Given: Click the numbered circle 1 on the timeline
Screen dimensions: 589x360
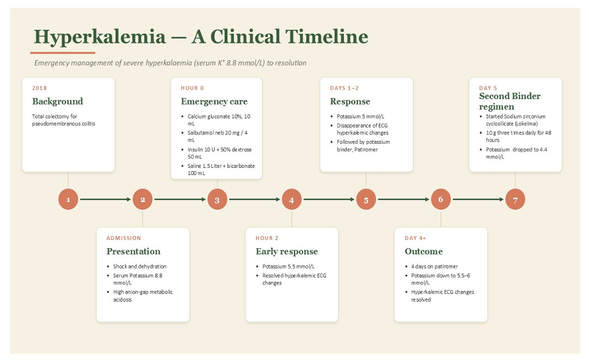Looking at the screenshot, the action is [68, 199].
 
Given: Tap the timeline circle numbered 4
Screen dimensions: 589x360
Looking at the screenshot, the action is [292, 199].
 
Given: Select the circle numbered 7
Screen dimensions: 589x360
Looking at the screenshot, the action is [515, 199].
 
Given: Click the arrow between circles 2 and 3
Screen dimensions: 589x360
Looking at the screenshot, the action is [180, 199].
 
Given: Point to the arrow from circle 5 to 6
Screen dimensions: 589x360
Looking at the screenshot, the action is [403, 199].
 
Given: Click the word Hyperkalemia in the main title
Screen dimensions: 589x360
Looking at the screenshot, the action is [100, 37].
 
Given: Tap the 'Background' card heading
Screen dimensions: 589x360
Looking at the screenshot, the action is [57, 101].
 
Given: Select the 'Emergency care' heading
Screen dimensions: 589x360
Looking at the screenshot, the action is [214, 101].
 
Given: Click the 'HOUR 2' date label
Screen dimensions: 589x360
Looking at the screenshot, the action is [267, 238].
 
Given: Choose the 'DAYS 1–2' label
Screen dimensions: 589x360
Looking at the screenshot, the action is [344, 88].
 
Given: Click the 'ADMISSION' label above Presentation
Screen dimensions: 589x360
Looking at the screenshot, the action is [124, 238].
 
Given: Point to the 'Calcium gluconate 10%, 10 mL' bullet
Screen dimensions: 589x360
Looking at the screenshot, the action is [219, 120].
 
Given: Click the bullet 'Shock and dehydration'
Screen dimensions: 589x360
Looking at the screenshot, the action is [140, 266].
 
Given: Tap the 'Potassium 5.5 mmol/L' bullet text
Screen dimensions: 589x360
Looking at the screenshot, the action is [288, 266].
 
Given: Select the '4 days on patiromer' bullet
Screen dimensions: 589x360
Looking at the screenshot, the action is [435, 266].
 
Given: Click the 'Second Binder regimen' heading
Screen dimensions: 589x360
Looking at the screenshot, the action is [510, 101].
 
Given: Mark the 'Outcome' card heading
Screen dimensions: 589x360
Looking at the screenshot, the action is [424, 252].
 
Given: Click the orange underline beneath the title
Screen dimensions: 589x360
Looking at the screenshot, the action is [62, 53].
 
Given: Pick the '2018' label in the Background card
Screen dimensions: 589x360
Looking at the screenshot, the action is [40, 88].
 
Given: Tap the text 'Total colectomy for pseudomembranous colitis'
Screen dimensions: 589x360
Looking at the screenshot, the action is [63, 120].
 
